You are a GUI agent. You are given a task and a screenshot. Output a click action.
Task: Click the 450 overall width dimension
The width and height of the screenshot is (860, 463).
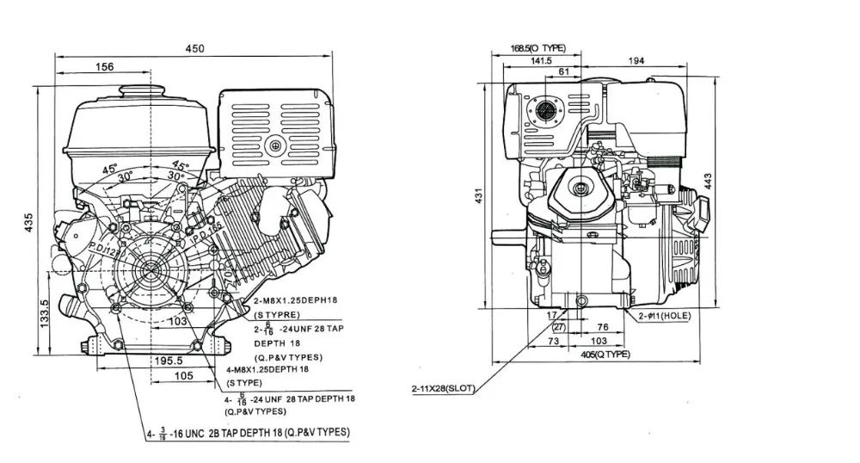[195, 49]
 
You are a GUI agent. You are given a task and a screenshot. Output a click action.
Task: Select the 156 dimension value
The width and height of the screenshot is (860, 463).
[104, 67]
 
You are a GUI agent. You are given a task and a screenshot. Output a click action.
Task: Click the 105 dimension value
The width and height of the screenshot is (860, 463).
[184, 376]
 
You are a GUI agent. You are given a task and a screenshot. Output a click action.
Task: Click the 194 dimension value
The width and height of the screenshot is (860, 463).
[660, 60]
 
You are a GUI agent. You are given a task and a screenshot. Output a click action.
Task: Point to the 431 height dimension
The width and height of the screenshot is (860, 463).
[480, 196]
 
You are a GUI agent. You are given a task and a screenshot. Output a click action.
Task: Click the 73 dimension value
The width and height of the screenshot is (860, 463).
[554, 342]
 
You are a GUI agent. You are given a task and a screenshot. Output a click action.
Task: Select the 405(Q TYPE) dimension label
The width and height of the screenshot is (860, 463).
[605, 355]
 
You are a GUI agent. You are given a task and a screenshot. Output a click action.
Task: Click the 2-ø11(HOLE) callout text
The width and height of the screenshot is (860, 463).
[664, 316]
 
